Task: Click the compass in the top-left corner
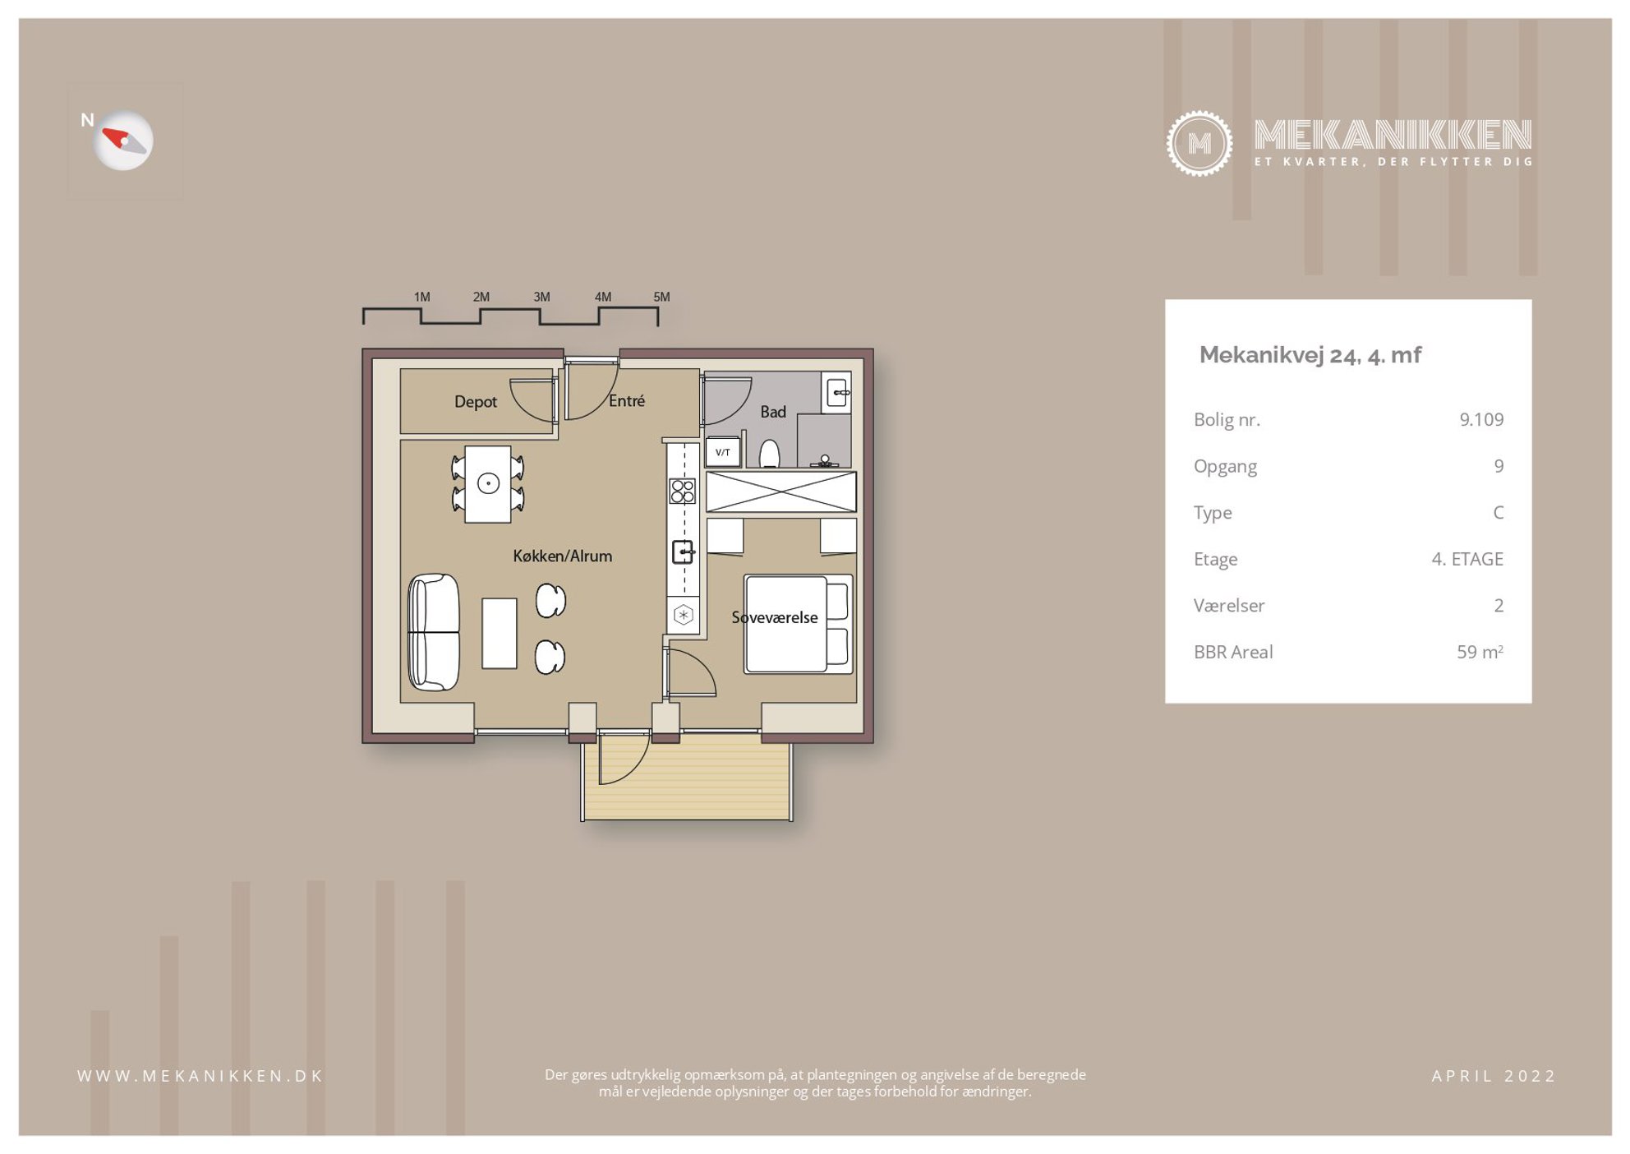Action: point(123,141)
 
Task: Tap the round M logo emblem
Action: point(1199,143)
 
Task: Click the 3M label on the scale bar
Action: point(541,297)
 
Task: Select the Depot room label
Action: point(476,401)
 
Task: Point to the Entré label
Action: point(627,400)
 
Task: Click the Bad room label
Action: point(773,411)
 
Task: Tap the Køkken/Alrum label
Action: point(563,556)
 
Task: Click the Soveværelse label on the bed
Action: point(775,617)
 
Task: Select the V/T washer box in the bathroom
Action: point(723,452)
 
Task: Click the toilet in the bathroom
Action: point(769,454)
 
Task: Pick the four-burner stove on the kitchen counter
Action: point(683,491)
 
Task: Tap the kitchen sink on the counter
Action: point(683,552)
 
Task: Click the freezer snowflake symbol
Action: point(683,614)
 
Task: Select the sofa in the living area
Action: point(434,632)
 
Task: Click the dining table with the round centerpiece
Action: point(488,484)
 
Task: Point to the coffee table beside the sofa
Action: point(500,633)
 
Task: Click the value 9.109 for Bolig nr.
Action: point(1481,419)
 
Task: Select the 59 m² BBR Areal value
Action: point(1480,652)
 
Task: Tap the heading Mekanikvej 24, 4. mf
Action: point(1310,355)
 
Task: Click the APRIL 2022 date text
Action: point(1494,1076)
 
